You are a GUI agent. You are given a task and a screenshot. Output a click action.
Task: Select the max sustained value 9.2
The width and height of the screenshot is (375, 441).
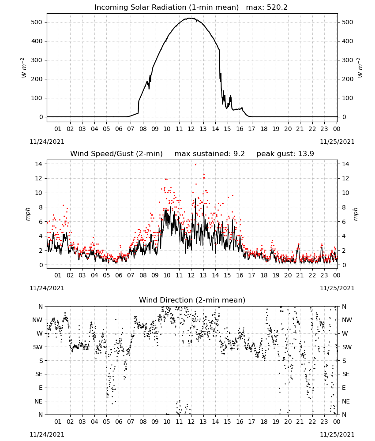(x=239, y=154)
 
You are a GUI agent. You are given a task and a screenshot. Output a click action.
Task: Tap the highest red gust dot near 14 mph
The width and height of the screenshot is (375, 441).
(x=195, y=164)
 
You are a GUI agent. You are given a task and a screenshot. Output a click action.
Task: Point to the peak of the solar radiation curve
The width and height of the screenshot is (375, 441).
(x=191, y=18)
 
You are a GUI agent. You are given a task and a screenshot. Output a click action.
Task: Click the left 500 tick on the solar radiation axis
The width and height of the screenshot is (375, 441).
(x=37, y=22)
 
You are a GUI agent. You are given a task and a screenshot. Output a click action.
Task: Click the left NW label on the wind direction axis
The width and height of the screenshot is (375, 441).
(x=37, y=320)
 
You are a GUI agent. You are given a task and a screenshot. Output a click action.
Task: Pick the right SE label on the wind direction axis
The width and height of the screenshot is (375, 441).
(x=346, y=374)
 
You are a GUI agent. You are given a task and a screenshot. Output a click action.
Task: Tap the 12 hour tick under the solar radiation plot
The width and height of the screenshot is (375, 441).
(x=191, y=129)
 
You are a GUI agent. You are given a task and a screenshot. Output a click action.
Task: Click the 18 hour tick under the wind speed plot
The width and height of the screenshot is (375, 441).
(x=264, y=275)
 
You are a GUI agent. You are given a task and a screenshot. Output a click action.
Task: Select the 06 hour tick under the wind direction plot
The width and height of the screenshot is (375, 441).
(x=118, y=422)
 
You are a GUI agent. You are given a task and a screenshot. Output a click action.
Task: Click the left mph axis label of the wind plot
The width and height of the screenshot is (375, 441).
(x=27, y=214)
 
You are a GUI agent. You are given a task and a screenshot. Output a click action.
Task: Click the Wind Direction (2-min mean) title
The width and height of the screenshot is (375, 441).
(x=192, y=300)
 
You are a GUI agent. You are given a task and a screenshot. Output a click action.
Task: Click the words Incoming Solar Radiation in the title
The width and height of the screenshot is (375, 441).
(x=140, y=7)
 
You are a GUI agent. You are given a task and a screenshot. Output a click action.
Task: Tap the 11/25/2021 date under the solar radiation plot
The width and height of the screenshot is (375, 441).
(x=337, y=142)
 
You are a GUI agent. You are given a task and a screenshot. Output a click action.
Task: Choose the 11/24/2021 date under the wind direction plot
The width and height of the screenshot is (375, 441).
(x=47, y=434)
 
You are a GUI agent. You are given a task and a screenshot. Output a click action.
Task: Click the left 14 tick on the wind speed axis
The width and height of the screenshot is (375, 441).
(x=39, y=164)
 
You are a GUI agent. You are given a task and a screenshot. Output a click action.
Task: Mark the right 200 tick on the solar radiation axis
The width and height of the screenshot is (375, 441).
(x=348, y=79)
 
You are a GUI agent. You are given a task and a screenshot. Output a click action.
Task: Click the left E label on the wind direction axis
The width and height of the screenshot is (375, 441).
(x=41, y=388)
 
